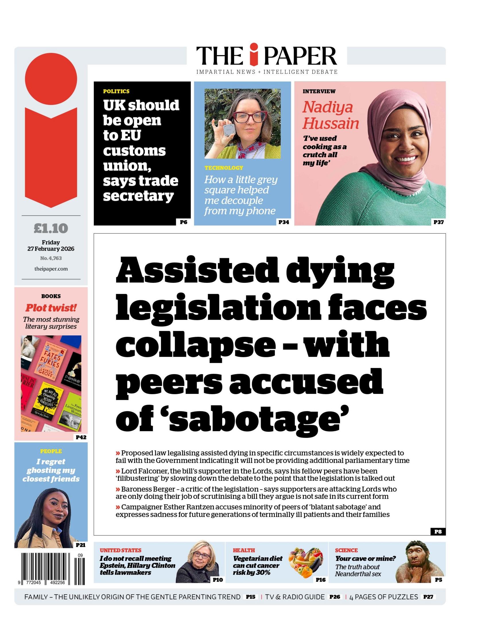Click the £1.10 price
51,228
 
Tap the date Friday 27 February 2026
51,246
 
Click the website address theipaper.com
51,269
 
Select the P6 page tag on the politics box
183,222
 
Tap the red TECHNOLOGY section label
224,168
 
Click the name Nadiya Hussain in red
330,115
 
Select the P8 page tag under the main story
438,532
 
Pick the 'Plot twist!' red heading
51,308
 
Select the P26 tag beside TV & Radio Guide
335,597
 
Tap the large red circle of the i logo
51,78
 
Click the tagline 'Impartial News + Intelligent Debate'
267,72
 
